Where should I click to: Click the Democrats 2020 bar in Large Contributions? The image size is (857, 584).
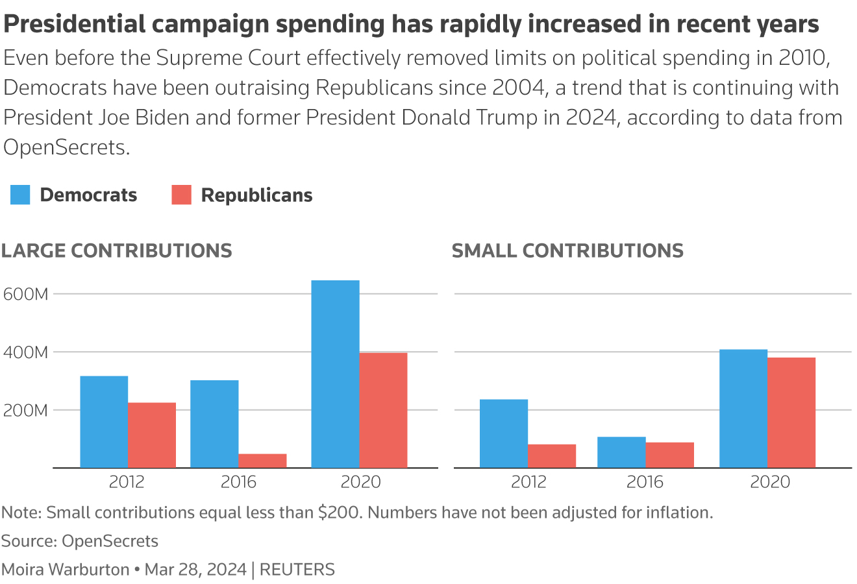[335, 374]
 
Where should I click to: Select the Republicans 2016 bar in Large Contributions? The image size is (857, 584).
[262, 461]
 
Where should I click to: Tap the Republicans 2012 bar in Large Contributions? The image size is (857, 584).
[152, 435]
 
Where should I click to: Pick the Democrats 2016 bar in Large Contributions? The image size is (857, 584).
[214, 424]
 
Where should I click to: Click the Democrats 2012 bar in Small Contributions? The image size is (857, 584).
[504, 433]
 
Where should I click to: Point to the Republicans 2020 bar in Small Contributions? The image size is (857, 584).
[791, 413]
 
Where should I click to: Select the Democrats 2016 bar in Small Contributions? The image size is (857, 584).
[621, 452]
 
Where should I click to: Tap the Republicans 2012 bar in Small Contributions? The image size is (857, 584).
[552, 456]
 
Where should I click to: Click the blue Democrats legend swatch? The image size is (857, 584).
[20, 195]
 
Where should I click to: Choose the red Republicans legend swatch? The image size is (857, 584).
[182, 195]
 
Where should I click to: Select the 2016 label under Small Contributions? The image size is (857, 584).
[645, 482]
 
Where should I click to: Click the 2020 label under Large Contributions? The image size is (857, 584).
[360, 482]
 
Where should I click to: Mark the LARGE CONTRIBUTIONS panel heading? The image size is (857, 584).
[117, 250]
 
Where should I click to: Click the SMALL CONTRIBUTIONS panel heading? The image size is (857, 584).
[567, 250]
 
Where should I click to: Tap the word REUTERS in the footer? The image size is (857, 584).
[297, 570]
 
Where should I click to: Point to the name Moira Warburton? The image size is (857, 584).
[66, 570]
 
